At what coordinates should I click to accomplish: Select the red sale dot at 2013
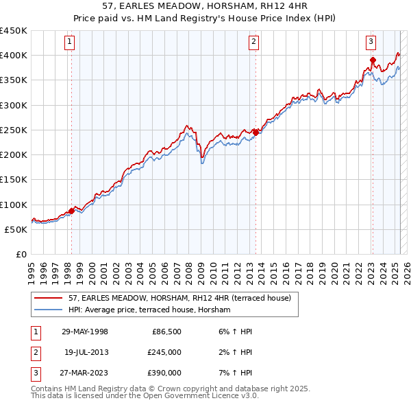click(x=256, y=132)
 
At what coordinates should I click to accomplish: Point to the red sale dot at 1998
click(x=71, y=211)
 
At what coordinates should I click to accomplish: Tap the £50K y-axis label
click(x=16, y=229)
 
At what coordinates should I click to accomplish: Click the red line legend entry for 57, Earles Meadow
click(x=179, y=298)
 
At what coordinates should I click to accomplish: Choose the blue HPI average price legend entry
click(x=149, y=310)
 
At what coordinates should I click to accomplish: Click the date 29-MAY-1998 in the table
click(x=84, y=332)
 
